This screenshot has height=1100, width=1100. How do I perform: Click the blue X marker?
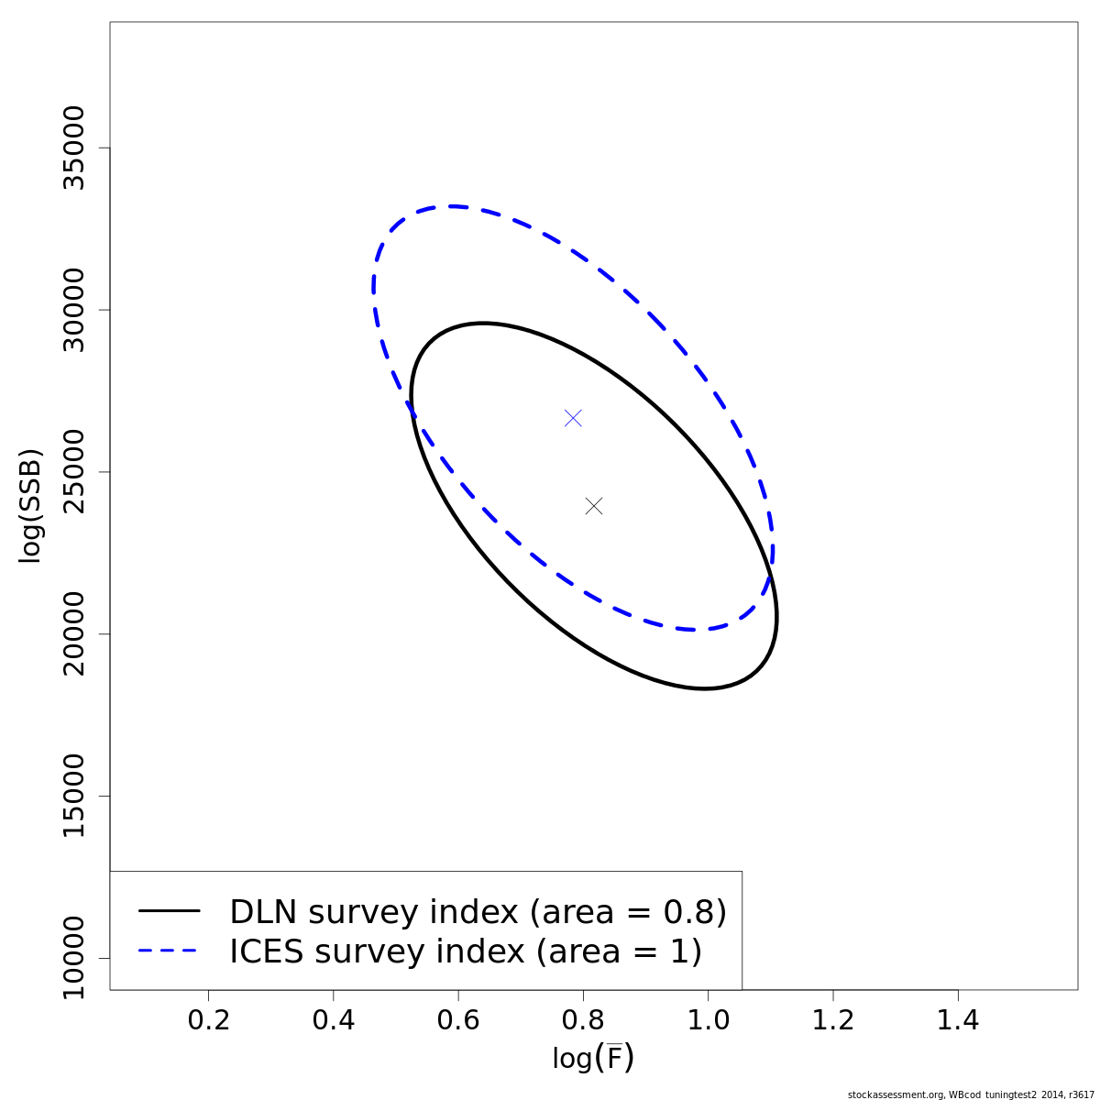click(573, 418)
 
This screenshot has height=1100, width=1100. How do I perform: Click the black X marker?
click(594, 506)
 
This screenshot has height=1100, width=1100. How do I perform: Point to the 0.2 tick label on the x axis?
click(209, 1019)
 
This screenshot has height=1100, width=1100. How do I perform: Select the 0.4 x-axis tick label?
click(334, 1019)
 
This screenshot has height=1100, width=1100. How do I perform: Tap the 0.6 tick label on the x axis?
click(458, 1019)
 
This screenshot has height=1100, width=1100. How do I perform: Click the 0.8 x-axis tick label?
click(583, 1019)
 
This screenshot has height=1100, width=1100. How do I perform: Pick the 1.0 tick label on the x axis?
click(708, 1019)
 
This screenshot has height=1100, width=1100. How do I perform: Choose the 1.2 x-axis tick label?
click(832, 1019)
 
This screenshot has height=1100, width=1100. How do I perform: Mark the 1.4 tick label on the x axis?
click(958, 1019)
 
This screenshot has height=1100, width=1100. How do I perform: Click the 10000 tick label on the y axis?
click(72, 958)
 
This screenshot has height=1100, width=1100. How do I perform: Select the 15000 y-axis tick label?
click(72, 796)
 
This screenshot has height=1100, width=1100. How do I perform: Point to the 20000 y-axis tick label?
click(72, 633)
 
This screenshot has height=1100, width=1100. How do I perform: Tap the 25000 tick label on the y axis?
click(72, 472)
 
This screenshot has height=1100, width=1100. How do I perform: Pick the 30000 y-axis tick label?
click(72, 310)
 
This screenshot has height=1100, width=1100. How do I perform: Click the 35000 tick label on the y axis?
click(72, 148)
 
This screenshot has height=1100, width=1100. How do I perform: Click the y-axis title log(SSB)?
click(31, 505)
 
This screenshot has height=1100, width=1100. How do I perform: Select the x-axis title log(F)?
click(593, 1058)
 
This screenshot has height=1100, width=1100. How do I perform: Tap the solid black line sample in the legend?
click(170, 911)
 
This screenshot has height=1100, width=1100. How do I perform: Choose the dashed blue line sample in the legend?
click(170, 951)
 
